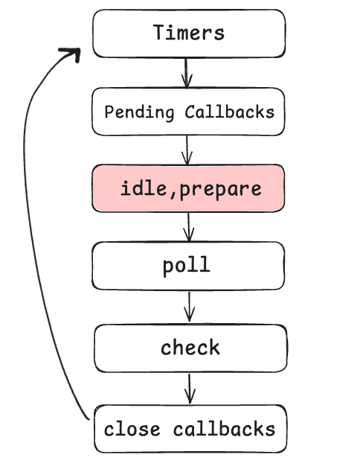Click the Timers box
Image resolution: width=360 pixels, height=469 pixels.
click(188, 33)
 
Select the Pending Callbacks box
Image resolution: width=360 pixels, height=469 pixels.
click(188, 112)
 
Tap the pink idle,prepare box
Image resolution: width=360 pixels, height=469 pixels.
click(188, 188)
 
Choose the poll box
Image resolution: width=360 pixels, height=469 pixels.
click(188, 266)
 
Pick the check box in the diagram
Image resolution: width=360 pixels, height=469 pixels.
click(190, 348)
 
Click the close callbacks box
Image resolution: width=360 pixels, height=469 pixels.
click(190, 429)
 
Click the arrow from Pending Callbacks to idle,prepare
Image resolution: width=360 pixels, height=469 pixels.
click(187, 150)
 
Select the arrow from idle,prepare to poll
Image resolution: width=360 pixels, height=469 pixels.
click(189, 227)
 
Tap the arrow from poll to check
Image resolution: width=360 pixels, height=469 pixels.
click(190, 306)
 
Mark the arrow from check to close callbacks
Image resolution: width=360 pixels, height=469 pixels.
click(190, 387)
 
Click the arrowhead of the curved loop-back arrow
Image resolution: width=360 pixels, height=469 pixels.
click(71, 54)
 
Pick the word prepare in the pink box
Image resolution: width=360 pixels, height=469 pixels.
click(221, 189)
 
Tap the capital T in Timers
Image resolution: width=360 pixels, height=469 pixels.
click(158, 33)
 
